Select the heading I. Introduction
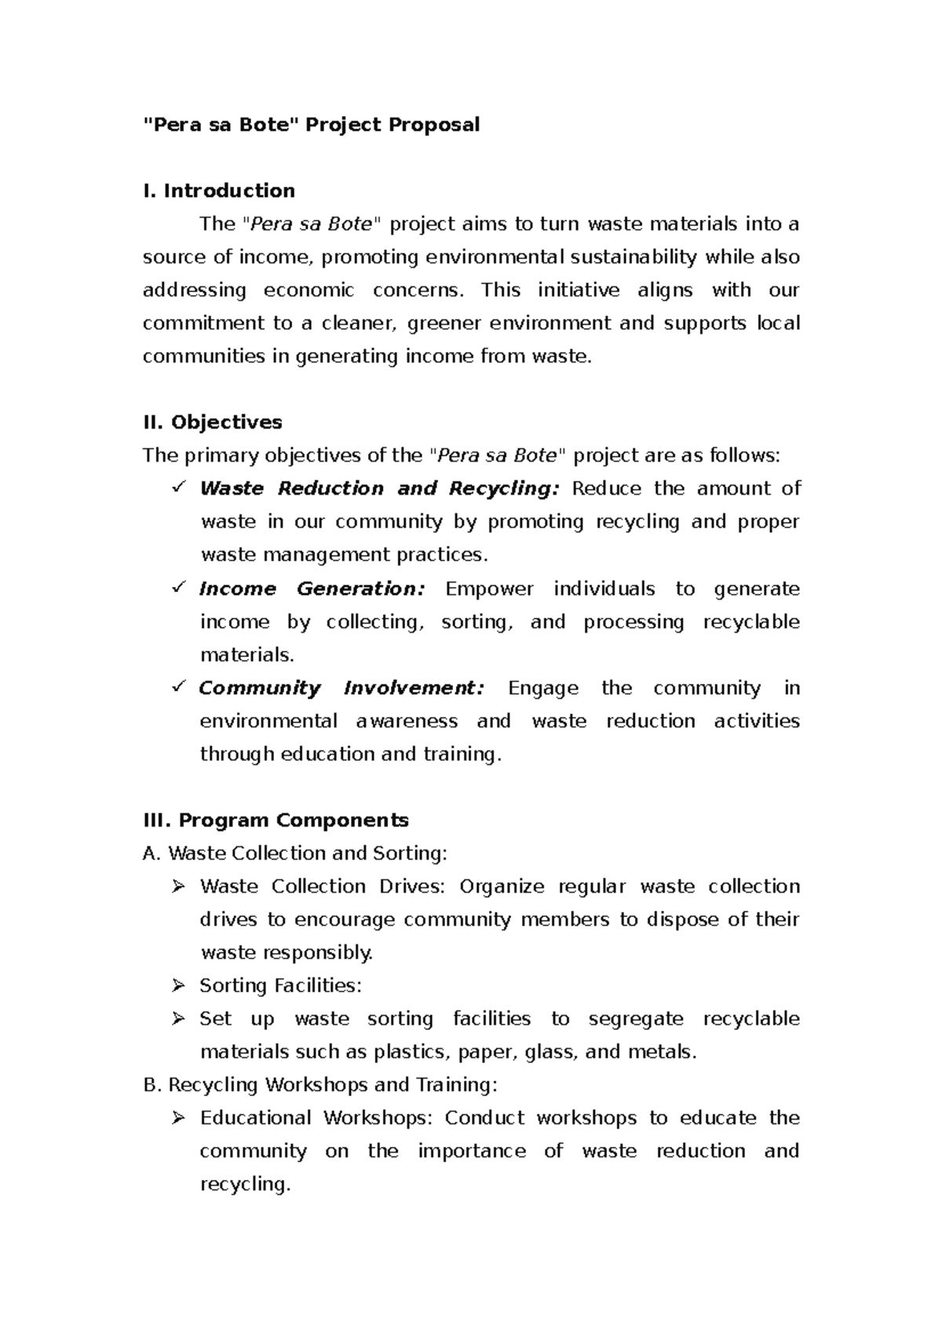coord(219,191)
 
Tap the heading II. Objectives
coord(213,422)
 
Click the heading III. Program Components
coord(276,820)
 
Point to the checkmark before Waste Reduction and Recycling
coord(177,488)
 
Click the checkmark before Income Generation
coord(177,587)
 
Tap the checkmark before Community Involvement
coord(177,687)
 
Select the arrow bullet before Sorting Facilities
coord(178,985)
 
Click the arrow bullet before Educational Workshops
coord(178,1117)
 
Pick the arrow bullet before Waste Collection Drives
coord(178,886)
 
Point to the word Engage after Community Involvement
coord(543,688)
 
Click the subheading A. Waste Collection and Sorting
coord(294,853)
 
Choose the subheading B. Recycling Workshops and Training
coord(320,1085)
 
